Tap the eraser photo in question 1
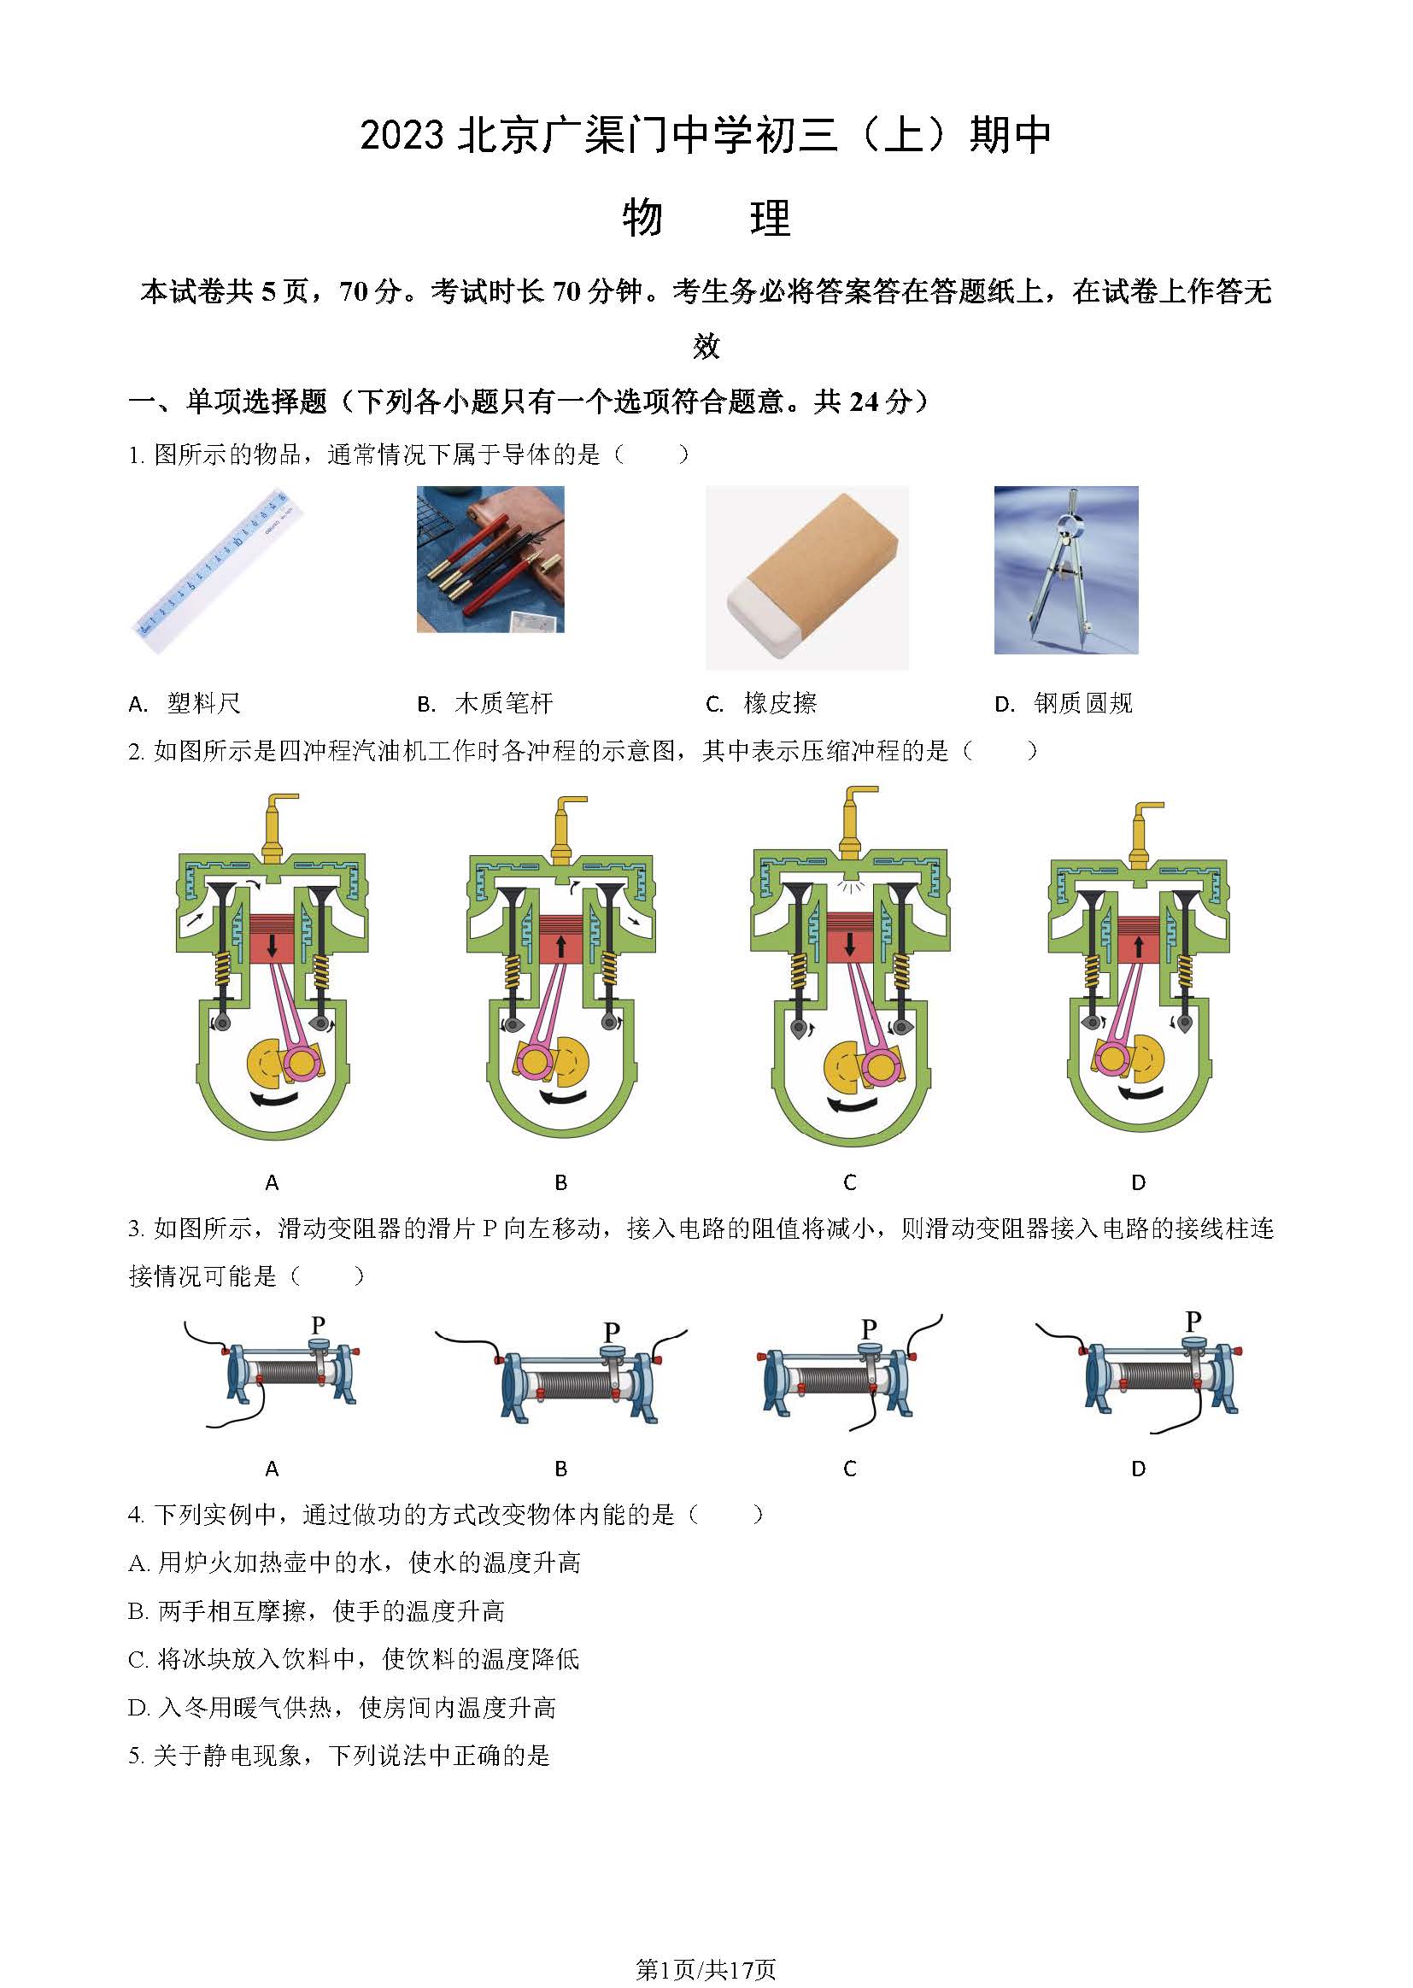[x=807, y=577]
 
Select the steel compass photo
[x=1066, y=570]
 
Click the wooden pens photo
[x=490, y=560]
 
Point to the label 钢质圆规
[x=1083, y=703]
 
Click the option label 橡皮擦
[x=781, y=703]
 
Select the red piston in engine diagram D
[x=1138, y=940]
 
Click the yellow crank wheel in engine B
[x=567, y=1059]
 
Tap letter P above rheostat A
[x=319, y=1325]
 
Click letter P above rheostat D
[x=1193, y=1321]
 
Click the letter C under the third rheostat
[x=850, y=1469]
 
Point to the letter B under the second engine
[x=561, y=1182]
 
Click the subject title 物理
[x=706, y=218]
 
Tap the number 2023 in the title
[x=403, y=136]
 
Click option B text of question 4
[x=317, y=1611]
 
